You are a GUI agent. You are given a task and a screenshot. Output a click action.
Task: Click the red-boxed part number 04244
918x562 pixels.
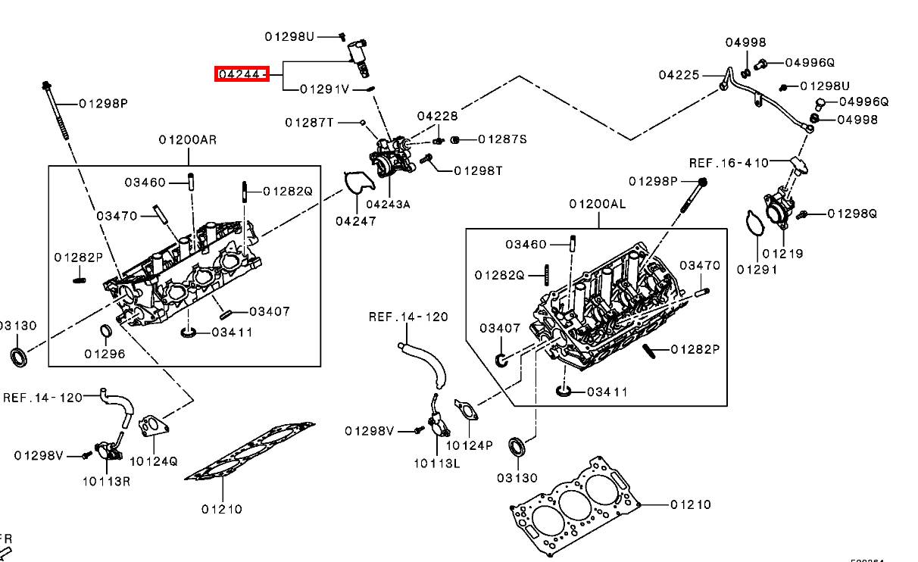coord(242,73)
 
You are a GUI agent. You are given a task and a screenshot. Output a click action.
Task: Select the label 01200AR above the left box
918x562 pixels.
coord(188,140)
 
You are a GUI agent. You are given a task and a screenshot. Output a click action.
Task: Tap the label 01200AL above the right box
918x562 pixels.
coord(598,205)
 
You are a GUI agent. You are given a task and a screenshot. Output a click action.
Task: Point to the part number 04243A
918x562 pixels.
coord(388,205)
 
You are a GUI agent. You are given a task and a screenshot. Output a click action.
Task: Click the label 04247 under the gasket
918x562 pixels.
coord(356,221)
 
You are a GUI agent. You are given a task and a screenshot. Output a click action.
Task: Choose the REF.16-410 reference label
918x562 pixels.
coord(729,163)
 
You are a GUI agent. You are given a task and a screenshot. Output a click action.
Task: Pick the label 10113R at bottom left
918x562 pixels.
coord(107,481)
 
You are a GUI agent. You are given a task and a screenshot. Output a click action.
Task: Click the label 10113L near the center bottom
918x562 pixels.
coord(437,464)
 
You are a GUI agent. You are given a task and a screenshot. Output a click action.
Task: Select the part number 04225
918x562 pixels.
coord(679,75)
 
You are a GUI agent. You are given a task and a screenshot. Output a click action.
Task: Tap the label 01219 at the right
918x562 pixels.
coord(782,254)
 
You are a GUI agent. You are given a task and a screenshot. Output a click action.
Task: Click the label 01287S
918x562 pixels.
coord(502,139)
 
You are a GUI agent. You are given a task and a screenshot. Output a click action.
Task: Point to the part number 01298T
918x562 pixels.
coord(478,171)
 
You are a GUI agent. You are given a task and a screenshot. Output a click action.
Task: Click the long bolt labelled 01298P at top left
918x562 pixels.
coord(55,111)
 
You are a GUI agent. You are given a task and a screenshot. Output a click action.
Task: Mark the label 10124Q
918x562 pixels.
coord(154,461)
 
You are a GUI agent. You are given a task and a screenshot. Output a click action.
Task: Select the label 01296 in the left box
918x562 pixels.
coord(105,354)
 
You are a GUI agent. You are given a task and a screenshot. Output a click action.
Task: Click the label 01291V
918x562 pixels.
coord(325,89)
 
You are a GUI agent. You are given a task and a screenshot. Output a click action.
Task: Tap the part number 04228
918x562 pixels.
coord(437,117)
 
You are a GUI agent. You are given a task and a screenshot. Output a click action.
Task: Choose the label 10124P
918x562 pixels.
coord(470,445)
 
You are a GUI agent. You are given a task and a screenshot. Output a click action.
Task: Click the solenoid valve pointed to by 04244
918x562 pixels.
coord(358,58)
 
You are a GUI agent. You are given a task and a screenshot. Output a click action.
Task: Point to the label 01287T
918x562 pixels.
coord(310,123)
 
